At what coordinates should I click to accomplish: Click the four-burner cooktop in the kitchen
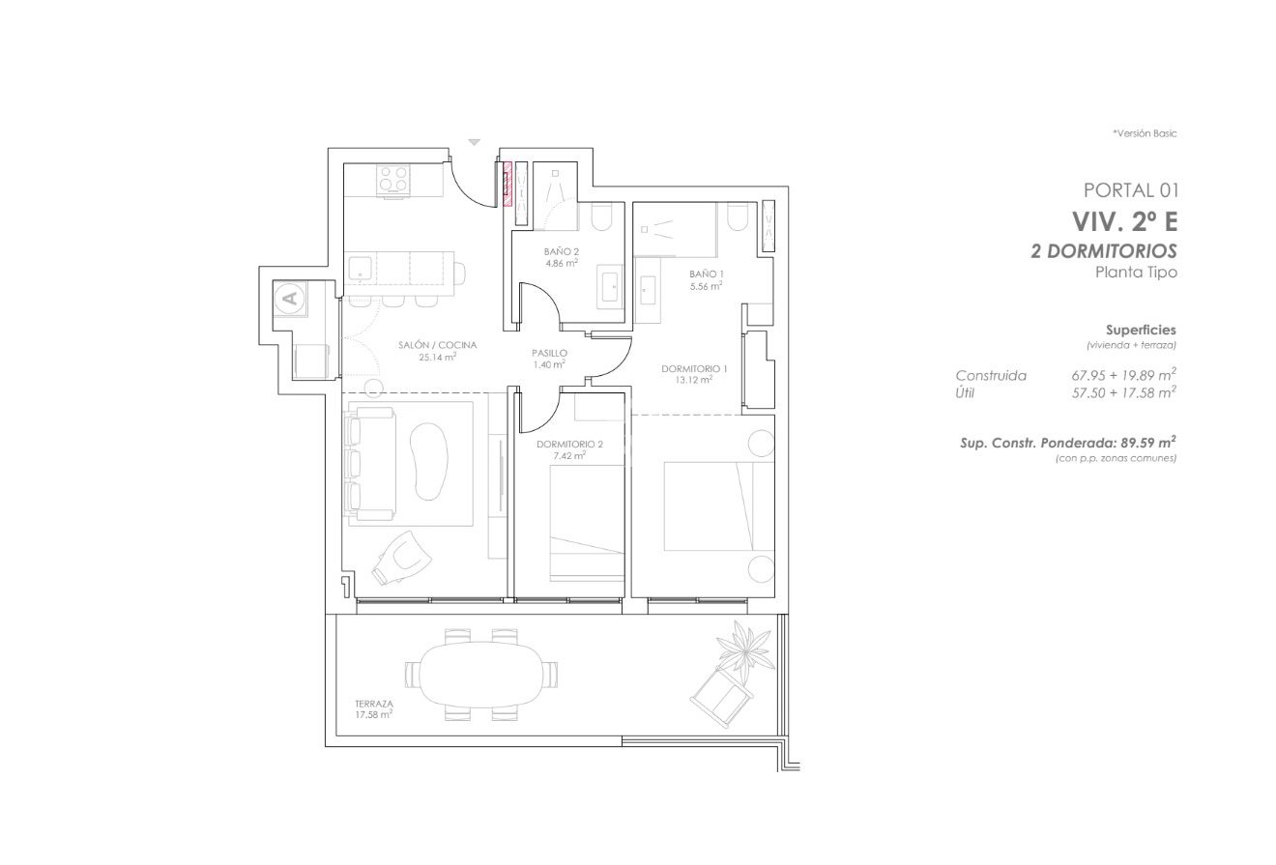(x=393, y=179)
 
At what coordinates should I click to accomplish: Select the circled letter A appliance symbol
(x=289, y=298)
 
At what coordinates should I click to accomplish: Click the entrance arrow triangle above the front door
(x=474, y=142)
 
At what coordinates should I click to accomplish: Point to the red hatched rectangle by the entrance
(x=506, y=184)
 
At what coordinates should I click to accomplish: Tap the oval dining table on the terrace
(x=481, y=673)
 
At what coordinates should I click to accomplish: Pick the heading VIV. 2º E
(x=1123, y=221)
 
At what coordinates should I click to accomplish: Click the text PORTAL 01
(x=1130, y=190)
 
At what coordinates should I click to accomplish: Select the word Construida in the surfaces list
(x=990, y=375)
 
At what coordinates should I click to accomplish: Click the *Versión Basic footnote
(x=1144, y=133)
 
